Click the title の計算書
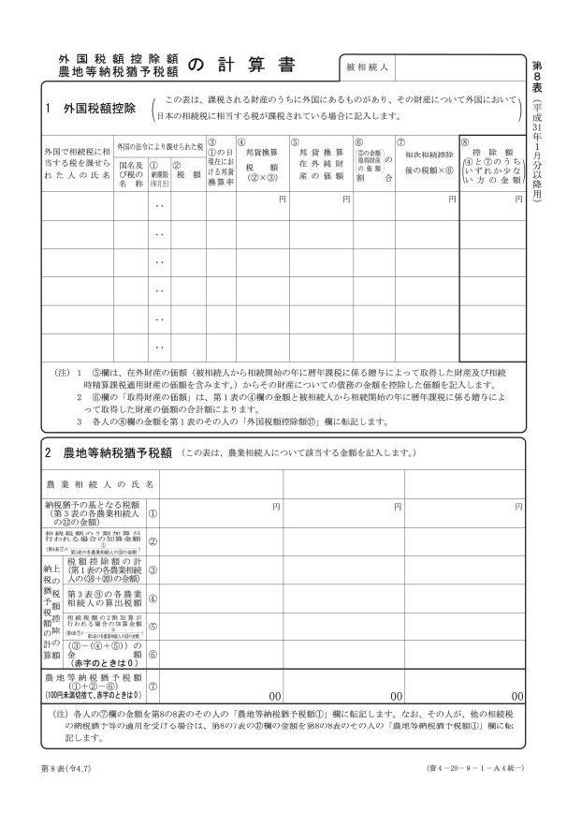(x=240, y=66)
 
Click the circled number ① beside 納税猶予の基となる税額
(x=153, y=512)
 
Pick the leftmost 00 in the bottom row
(x=276, y=696)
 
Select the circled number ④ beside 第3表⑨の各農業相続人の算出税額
(x=153, y=598)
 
